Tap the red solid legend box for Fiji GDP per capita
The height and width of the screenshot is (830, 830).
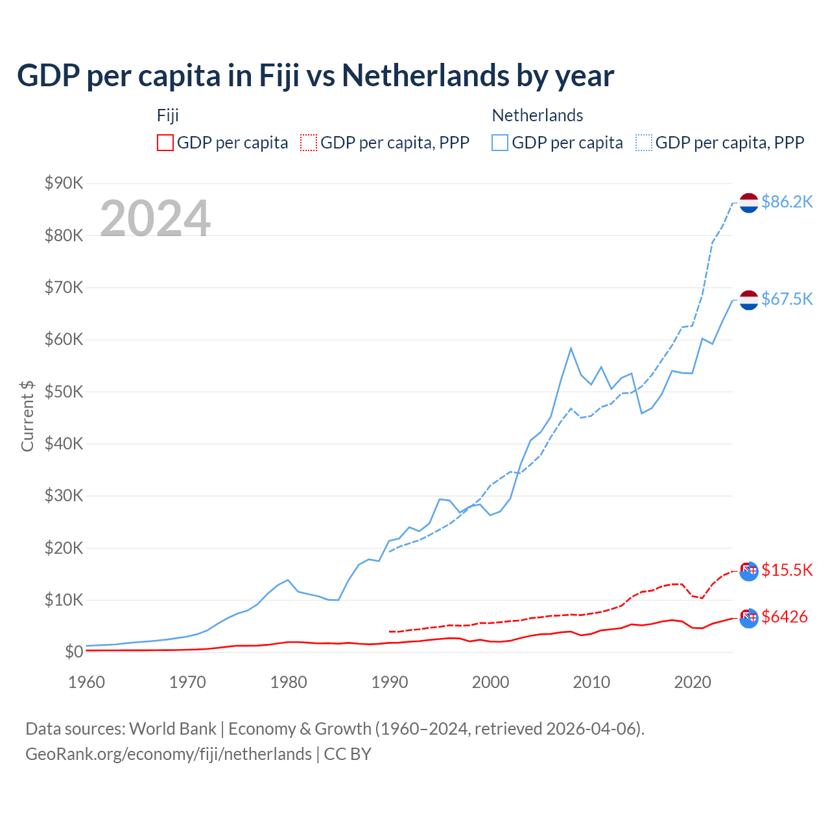165,143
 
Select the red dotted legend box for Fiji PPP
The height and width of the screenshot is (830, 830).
309,143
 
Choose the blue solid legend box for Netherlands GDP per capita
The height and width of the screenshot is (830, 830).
500,143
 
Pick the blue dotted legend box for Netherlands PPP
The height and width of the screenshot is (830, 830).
644,143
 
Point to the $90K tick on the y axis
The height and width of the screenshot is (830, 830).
64,183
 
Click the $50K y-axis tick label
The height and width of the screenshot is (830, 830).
64,392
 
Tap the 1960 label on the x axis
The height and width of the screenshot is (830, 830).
86,682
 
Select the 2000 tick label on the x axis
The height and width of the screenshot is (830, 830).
490,682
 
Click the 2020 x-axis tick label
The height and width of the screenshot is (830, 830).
693,682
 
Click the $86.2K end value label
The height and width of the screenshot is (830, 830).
787,202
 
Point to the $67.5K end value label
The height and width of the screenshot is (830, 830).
787,299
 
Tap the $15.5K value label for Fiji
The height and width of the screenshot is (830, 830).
787,570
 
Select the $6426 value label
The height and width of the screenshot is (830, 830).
785,617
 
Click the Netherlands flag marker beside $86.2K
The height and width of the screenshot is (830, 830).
749,202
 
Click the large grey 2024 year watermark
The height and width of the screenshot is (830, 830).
155,219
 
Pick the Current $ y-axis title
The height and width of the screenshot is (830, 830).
27,416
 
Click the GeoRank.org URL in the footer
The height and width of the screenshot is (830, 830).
169,754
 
